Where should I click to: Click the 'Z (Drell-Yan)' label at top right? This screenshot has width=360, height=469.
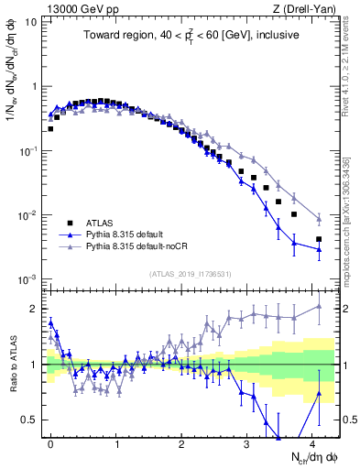point(311,8)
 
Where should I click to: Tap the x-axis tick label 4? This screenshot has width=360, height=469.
point(312,442)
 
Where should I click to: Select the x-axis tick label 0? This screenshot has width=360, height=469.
point(50,442)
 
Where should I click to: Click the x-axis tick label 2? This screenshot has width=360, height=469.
point(181,442)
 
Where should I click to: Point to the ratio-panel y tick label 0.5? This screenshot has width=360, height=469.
point(31,420)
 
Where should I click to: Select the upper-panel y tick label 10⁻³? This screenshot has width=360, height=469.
point(28,278)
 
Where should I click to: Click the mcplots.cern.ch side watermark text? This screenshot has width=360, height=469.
point(351,220)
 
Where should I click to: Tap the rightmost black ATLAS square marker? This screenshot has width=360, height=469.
point(319,239)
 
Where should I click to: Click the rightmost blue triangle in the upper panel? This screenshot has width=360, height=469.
point(319,248)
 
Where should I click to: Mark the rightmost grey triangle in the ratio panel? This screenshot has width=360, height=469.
point(319,306)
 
